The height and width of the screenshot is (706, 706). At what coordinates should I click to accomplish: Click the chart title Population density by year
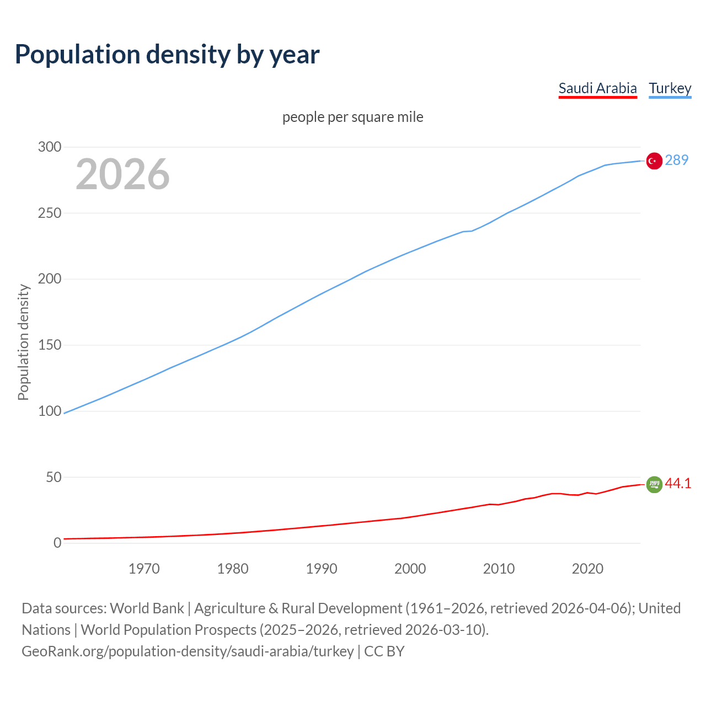pyautogui.click(x=167, y=54)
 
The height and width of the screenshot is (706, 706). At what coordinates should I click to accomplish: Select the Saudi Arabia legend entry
pyautogui.click(x=597, y=88)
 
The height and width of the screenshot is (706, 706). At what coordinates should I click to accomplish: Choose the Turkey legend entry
pyautogui.click(x=670, y=88)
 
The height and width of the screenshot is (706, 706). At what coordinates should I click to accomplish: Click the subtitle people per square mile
pyautogui.click(x=352, y=117)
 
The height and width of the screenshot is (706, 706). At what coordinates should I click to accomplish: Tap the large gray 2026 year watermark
pyautogui.click(x=122, y=174)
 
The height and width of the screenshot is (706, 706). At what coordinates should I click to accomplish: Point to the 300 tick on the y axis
pyautogui.click(x=49, y=147)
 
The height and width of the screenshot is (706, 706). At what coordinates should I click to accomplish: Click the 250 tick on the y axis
pyautogui.click(x=49, y=213)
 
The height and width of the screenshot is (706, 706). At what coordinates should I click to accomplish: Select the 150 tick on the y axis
pyautogui.click(x=49, y=345)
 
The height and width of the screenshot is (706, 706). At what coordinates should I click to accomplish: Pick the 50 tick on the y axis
pyautogui.click(x=53, y=477)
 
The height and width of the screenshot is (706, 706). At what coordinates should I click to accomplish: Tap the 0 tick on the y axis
pyautogui.click(x=57, y=543)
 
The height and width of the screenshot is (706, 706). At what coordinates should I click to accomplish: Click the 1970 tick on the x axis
pyautogui.click(x=144, y=569)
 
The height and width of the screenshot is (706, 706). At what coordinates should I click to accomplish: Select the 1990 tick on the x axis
pyautogui.click(x=322, y=569)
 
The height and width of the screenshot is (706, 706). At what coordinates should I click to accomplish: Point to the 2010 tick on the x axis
pyautogui.click(x=499, y=569)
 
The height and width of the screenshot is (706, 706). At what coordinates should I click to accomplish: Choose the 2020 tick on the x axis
pyautogui.click(x=587, y=569)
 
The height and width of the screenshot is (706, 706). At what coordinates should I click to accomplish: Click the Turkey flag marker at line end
pyautogui.click(x=654, y=161)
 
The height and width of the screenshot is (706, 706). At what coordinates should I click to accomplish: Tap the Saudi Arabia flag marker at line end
pyautogui.click(x=654, y=484)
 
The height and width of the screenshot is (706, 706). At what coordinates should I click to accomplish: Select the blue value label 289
pyautogui.click(x=676, y=160)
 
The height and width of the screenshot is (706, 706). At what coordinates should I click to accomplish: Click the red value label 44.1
pyautogui.click(x=678, y=484)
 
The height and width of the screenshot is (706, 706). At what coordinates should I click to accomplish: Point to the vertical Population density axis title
pyautogui.click(x=23, y=342)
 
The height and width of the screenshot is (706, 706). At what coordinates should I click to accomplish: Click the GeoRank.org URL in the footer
pyautogui.click(x=188, y=651)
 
